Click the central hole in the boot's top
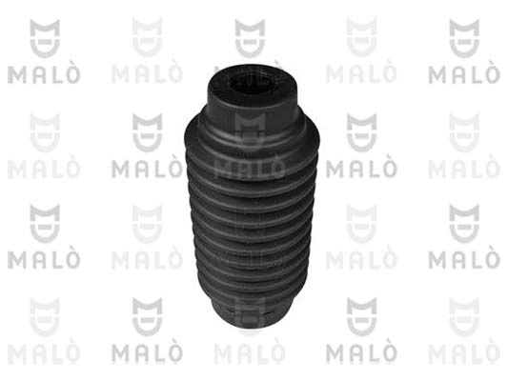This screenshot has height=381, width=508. (x=253, y=83)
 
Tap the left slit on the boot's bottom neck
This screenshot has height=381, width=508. (x=230, y=311)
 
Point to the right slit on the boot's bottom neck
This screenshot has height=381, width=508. (x=269, y=313)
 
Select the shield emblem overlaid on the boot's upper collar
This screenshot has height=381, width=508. (x=250, y=132)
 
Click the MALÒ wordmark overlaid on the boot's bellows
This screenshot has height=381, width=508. (x=250, y=169)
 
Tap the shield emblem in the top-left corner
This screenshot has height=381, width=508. (x=45, y=38)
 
